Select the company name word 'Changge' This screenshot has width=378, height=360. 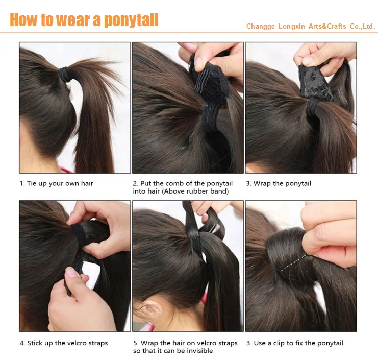click(260, 27)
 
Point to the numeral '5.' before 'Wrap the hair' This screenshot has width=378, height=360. click(136, 343)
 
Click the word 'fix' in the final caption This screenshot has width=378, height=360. click(299, 343)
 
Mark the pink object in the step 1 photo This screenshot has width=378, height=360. click(64, 169)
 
